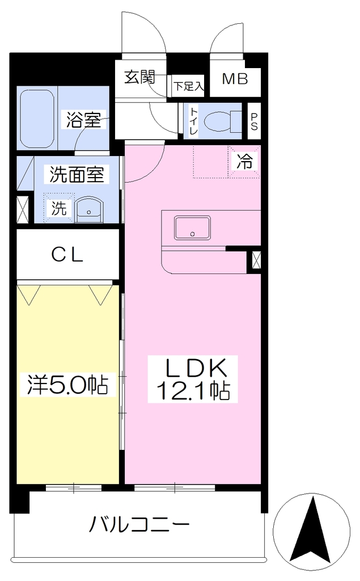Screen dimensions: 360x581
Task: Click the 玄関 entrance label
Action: coord(139,77)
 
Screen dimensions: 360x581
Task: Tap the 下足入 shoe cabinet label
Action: coord(189,87)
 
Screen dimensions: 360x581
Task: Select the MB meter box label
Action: coord(235,78)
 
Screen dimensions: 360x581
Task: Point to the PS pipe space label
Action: coord(254,121)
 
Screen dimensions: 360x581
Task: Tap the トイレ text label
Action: coord(194,121)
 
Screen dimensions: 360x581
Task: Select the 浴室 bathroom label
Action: coord(83,119)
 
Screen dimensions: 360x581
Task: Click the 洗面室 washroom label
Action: coord(77,174)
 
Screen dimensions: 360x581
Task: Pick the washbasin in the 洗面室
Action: coord(89,210)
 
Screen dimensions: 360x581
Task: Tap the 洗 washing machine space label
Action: coord(58,208)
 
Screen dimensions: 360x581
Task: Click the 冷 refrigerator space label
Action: coord(245,162)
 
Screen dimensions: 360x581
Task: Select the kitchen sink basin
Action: coord(192,228)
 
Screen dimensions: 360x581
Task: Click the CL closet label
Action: coord(67,255)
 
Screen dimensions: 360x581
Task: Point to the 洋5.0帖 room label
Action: coord(68,385)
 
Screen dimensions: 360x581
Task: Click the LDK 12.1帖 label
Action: coord(193,379)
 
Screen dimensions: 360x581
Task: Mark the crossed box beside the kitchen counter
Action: coord(256,259)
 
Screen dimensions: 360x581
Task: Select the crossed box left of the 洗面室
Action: coord(23,209)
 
